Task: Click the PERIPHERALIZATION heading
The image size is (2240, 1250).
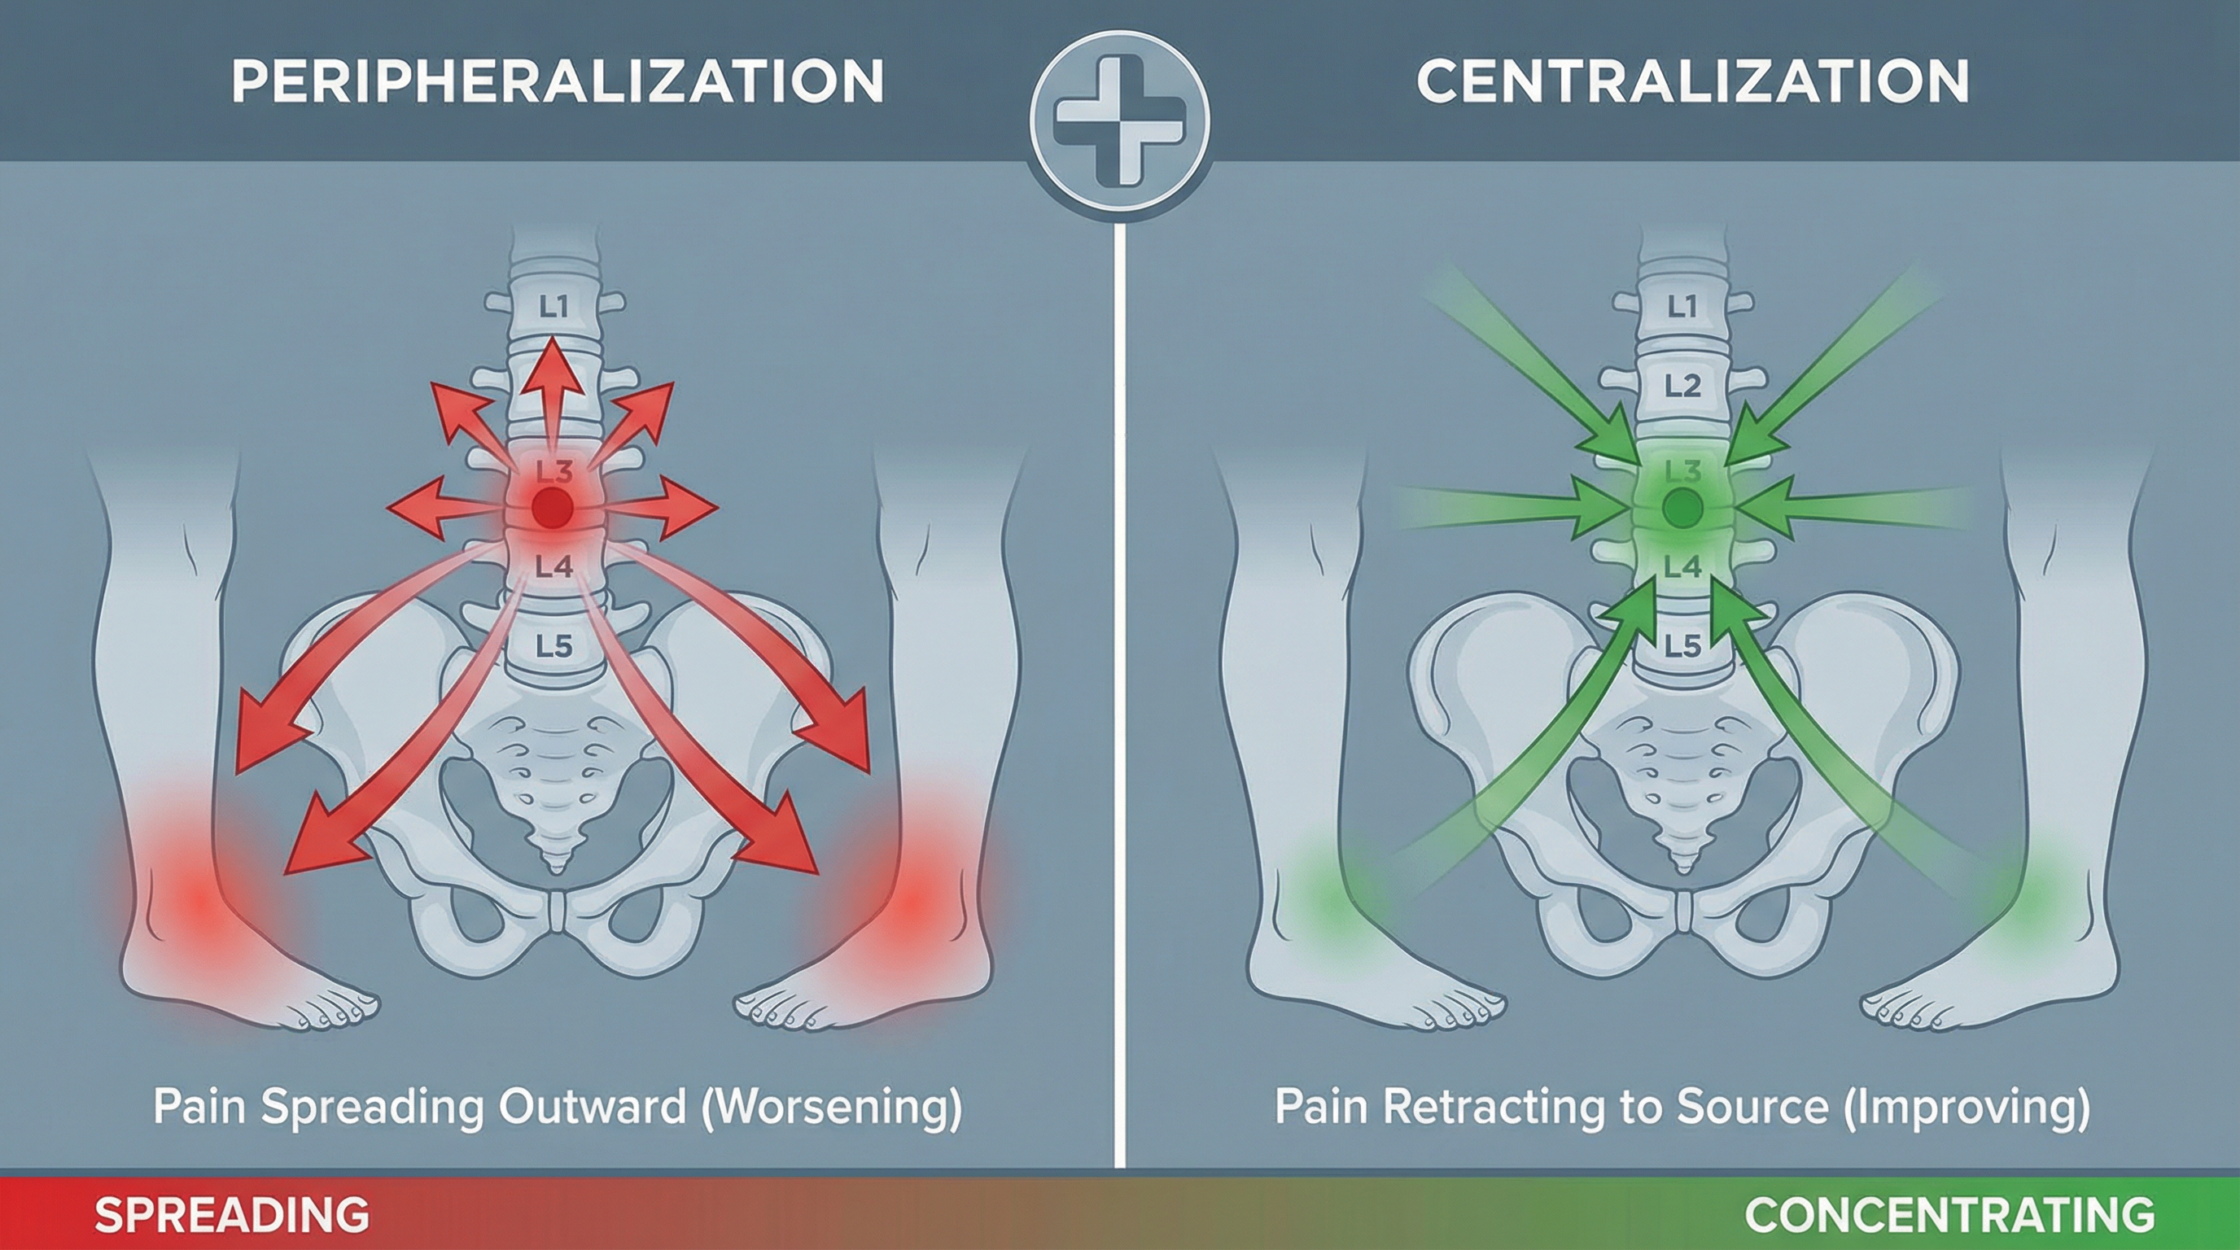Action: point(558,81)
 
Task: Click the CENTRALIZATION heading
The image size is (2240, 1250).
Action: point(1692,81)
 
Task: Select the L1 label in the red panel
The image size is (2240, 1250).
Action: point(553,306)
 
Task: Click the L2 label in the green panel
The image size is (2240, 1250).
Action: point(1682,385)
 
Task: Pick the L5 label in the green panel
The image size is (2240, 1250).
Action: point(1682,646)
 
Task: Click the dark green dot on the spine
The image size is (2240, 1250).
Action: point(1682,507)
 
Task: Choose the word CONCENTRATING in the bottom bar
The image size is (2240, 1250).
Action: point(1949,1214)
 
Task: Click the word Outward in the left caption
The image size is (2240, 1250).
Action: point(595,1107)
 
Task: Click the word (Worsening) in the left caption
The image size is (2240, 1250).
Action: point(832,1107)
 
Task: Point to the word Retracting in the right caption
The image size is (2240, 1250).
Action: point(1478,1107)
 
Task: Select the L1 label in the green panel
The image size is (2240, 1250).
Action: point(1682,306)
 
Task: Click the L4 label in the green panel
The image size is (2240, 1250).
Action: point(1682,566)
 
